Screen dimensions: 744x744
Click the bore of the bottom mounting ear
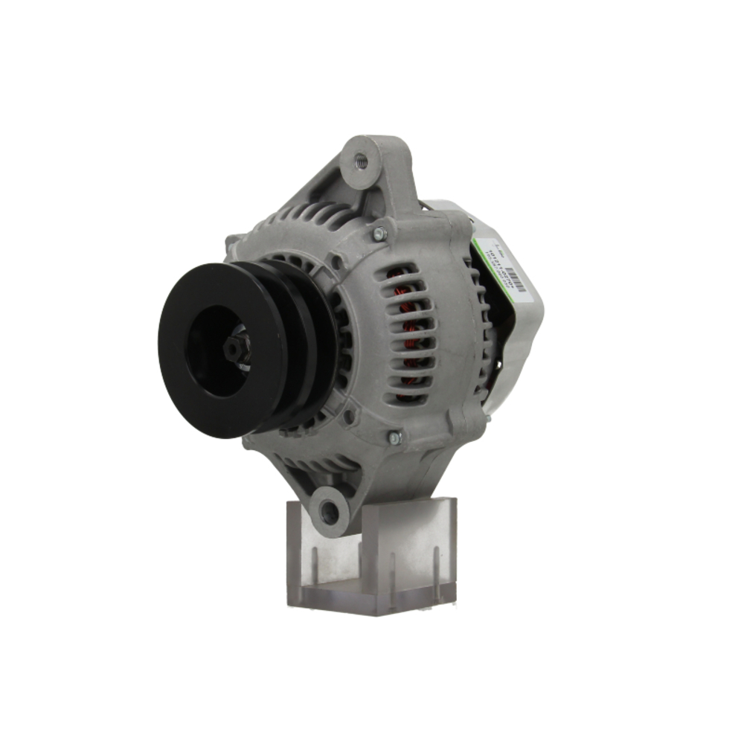328,510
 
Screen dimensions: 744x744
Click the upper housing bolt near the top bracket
380,234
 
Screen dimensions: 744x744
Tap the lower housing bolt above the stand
394,438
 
